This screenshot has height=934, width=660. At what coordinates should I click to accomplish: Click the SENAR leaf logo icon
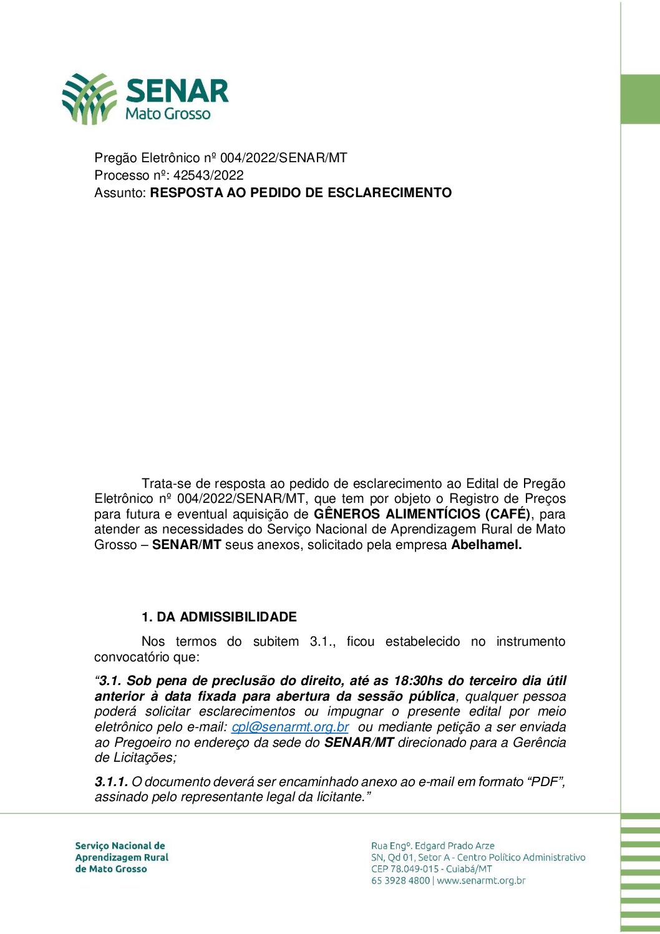pos(89,99)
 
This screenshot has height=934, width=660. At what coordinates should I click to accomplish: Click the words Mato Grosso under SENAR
pos(168,114)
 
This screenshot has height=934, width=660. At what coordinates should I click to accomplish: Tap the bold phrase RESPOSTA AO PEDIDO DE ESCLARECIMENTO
pos(301,193)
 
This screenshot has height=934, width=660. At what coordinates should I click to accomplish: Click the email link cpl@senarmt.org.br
pos(290,727)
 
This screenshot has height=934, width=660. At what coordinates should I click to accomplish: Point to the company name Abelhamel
pos(487,545)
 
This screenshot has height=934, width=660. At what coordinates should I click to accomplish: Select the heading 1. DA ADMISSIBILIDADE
pos(219,617)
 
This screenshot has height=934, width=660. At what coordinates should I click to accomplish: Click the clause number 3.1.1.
pos(111,782)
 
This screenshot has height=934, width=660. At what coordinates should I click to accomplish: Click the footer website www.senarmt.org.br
pos(481,881)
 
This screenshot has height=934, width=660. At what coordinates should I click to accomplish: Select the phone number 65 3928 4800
pos(400,881)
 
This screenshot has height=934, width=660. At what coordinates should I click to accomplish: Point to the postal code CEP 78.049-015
pos(405,869)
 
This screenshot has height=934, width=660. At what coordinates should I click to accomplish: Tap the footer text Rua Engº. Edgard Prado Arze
pos(433,846)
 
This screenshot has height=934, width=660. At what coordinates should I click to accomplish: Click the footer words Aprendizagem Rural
pos(122,858)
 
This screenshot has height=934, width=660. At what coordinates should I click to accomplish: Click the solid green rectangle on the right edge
pos(640,99)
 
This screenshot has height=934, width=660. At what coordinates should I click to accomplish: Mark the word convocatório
pos(132,657)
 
